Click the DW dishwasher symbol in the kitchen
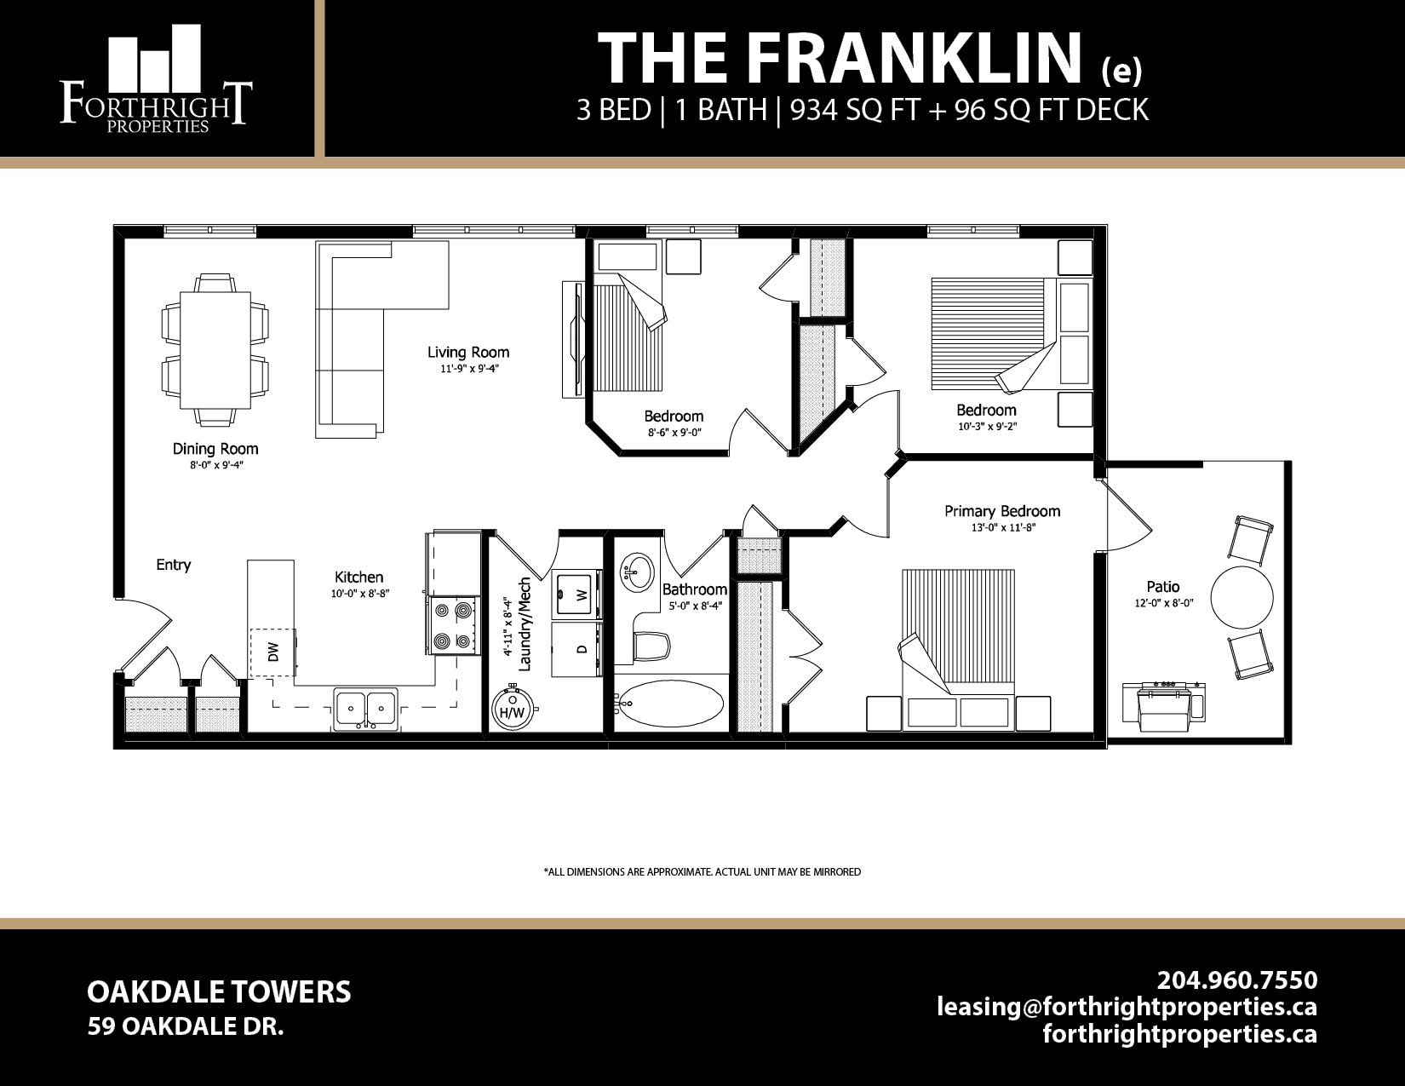tap(272, 652)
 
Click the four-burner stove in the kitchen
tap(452, 626)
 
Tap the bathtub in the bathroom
tap(669, 704)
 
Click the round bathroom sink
tap(636, 570)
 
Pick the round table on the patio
tap(1242, 597)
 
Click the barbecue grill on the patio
tap(1163, 705)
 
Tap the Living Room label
tap(468, 352)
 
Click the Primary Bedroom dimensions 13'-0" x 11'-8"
tap(1002, 528)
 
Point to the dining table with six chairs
tap(215, 349)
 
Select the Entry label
tap(174, 565)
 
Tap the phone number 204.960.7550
tap(1236, 980)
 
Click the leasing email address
tap(1127, 1007)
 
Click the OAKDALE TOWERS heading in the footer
tap(219, 992)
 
